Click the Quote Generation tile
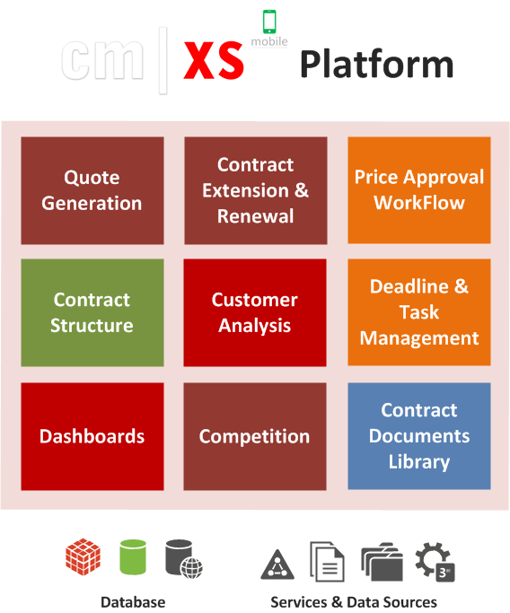92,190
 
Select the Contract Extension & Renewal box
256,190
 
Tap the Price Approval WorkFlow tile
419,190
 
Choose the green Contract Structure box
92,312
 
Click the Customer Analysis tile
255,312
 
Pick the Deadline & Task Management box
419,312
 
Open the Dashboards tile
92,436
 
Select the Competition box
255,436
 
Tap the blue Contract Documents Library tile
419,436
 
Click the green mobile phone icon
269,22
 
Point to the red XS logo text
214,61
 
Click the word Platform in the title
376,64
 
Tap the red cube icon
83,556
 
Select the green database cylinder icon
133,557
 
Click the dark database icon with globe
184,559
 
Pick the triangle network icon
277,565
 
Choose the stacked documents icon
328,562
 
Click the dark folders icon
382,562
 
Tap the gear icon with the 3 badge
435,562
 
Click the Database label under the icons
133,602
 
